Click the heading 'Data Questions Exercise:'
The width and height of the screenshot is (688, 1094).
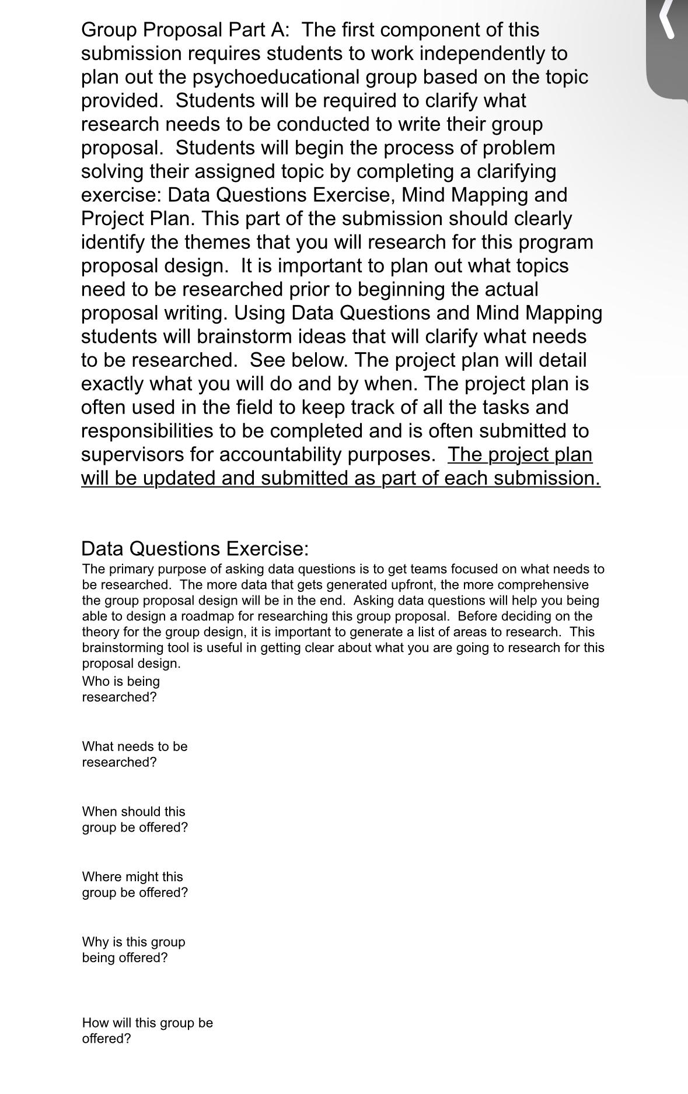pos(194,549)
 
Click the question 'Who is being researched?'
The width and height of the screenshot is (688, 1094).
pos(120,689)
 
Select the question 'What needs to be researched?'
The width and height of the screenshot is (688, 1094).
pos(134,755)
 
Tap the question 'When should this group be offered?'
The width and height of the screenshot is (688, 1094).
pos(134,819)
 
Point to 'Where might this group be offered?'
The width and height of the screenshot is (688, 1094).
pos(134,885)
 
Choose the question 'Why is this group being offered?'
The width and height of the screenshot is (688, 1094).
pos(133,950)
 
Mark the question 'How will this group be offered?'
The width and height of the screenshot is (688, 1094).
pos(147,1030)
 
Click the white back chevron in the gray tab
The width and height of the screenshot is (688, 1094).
pos(668,19)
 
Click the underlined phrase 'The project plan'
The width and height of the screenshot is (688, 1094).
pos(519,454)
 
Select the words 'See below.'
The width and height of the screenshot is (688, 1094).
pos(299,360)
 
